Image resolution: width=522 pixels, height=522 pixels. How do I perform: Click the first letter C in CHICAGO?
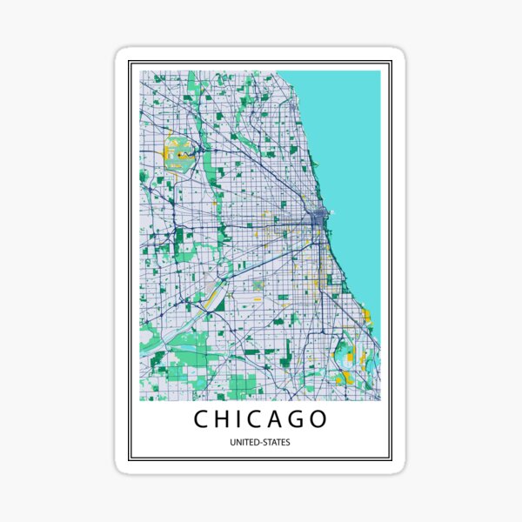click(200, 419)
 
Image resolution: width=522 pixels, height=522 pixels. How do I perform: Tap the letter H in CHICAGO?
click(224, 419)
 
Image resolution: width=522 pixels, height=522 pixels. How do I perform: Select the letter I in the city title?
click(242, 419)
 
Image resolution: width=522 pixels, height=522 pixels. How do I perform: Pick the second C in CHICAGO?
click(260, 419)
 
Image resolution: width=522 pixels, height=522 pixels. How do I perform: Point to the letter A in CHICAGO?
click(281, 419)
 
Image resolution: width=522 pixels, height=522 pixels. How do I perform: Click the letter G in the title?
click(301, 419)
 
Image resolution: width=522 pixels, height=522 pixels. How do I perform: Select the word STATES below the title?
click(278, 443)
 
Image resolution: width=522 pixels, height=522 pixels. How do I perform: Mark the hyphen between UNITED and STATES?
click(261, 443)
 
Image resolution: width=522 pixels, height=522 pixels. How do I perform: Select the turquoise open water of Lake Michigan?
click(348, 130)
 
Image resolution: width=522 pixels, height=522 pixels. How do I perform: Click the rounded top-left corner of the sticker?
click(122, 54)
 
